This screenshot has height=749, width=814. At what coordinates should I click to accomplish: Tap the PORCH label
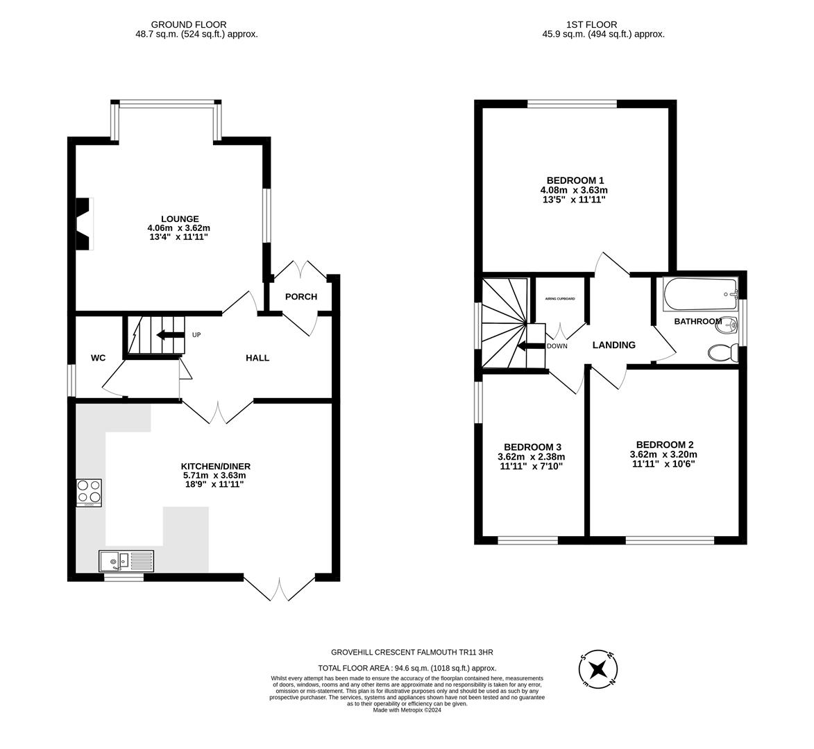pos(301,297)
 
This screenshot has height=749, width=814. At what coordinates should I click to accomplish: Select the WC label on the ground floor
pos(98,358)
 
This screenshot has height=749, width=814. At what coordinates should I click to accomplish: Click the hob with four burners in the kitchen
pos(89,492)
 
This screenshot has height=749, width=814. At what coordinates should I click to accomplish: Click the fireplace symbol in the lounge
pos(84,223)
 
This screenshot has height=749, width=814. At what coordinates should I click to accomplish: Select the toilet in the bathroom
pos(722,352)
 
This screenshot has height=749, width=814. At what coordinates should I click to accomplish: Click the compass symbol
pos(597,669)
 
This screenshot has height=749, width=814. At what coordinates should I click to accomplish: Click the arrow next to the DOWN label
pos(531,346)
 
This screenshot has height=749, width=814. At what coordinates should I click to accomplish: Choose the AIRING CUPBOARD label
pos(559,299)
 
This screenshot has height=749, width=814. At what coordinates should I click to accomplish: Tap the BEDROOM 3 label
pos(532,447)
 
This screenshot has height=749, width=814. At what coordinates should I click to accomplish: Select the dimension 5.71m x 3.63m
pos(214,475)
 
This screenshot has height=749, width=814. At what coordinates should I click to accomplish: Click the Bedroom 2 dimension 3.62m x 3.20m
pos(663,454)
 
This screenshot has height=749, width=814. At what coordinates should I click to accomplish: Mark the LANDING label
pos(613,345)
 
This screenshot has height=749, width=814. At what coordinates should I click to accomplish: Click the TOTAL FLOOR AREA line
pos(407,668)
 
